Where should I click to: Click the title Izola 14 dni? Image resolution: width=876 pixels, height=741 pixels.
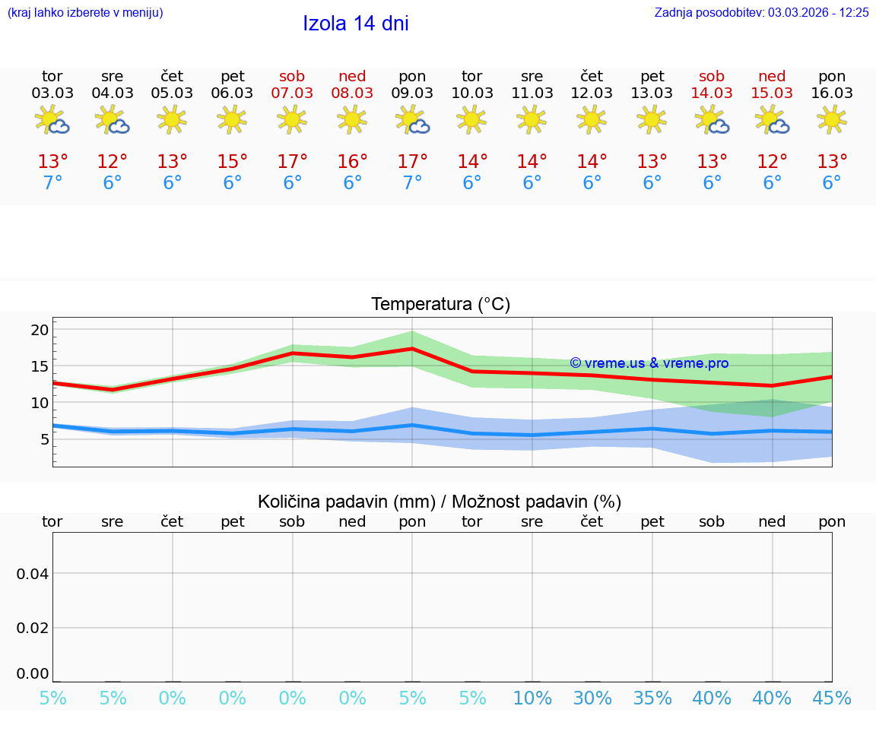coord(355,24)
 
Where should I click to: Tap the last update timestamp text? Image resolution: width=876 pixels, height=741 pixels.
coord(761,13)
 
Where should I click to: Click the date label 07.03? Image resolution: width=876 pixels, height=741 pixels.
coord(292,93)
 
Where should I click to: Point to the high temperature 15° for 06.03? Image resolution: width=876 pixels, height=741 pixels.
coord(232,162)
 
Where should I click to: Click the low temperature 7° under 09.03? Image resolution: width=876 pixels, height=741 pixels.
coord(412,183)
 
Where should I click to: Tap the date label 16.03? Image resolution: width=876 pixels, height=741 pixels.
coord(832,93)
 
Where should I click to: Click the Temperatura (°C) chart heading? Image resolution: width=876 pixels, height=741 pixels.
coord(440,305)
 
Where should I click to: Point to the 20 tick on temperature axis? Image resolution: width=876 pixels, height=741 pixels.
coord(40,330)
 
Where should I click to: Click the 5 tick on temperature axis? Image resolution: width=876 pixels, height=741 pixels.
coord(44,439)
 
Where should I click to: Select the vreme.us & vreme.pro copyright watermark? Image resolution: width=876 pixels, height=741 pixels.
coord(649,363)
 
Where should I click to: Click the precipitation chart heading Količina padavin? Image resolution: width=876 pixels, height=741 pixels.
coord(440,502)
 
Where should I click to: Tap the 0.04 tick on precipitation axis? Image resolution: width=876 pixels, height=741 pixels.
coord(33,574)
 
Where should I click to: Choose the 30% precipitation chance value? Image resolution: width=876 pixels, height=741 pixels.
coord(592,698)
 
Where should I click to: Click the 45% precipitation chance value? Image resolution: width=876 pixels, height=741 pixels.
coord(832,698)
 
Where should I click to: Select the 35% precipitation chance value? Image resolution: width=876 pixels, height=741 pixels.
coord(652,698)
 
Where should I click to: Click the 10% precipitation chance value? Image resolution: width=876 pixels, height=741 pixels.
coord(532,698)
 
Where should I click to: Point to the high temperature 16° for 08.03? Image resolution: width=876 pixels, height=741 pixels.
coord(352,162)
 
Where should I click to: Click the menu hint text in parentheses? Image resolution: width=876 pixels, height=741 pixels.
coord(85,13)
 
